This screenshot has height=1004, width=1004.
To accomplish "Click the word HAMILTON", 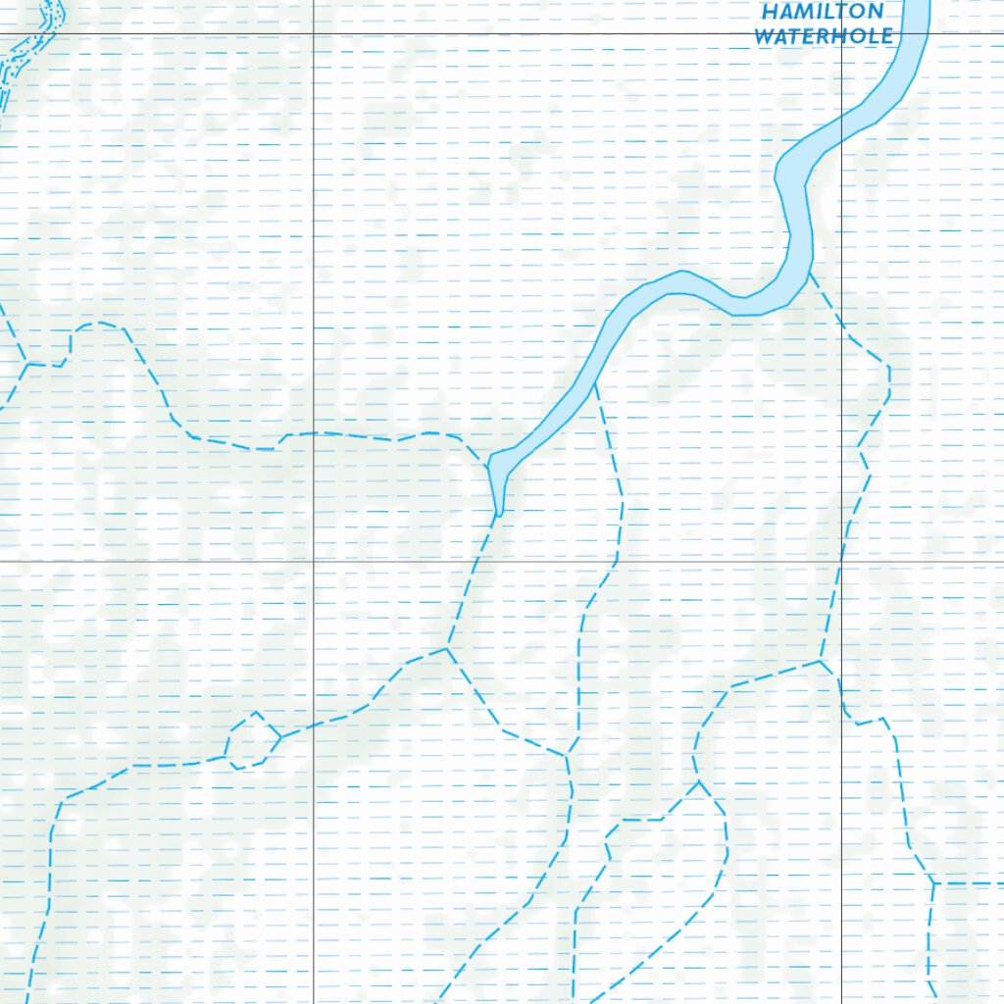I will pos(822,12).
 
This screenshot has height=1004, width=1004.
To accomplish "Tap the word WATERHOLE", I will pos(824,36).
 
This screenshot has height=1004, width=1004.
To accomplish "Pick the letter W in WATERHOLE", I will pos(765,36).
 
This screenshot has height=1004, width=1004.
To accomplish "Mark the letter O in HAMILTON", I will pos(856,12).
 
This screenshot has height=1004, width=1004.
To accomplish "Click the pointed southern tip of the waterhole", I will pos(499,513).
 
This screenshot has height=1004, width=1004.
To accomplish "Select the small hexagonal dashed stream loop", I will pos(252,740).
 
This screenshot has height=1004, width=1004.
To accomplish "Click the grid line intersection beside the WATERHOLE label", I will pos(841,34).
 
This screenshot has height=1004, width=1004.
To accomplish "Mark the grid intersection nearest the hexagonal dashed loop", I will pos(313,561).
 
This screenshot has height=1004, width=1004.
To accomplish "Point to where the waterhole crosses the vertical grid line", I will pos(841,123).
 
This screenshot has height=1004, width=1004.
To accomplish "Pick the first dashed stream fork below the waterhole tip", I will pos(447,648).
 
